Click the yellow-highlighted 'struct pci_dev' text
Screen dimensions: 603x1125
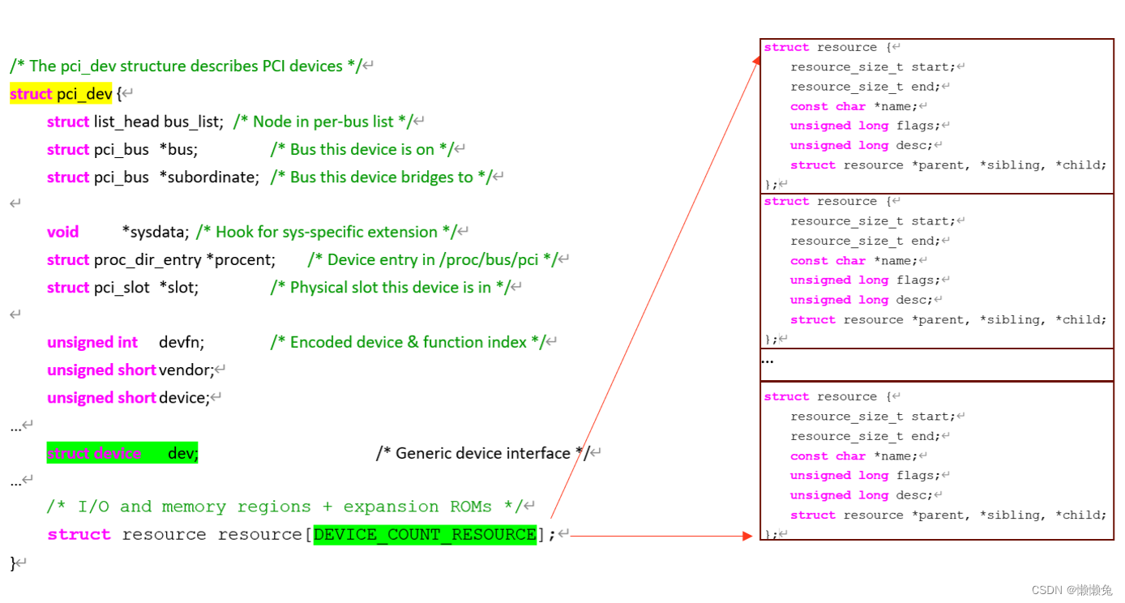(61, 94)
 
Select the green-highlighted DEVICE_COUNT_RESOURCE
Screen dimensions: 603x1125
(425, 535)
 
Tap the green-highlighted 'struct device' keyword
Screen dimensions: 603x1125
(94, 453)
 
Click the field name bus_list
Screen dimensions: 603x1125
(193, 122)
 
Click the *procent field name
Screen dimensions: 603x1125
(241, 259)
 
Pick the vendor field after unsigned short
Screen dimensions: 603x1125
(186, 370)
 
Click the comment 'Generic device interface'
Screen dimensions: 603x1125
(483, 453)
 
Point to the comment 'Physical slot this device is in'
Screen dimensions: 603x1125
(391, 287)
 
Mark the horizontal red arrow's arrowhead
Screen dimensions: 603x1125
(748, 535)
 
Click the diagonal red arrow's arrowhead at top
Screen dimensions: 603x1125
(758, 61)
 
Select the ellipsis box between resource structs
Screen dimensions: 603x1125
(937, 365)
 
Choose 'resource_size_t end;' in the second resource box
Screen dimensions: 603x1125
(865, 241)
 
